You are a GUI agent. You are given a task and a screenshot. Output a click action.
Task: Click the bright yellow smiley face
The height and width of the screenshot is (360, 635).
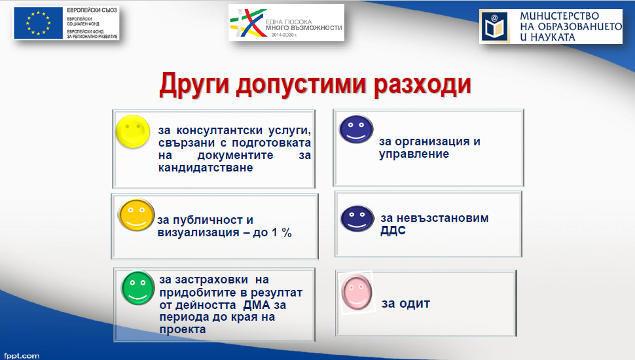coord(133,131)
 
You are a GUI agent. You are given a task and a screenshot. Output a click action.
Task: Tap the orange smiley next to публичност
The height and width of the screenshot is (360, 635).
coord(136,215)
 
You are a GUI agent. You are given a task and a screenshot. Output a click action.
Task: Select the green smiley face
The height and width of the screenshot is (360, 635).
coord(137,288)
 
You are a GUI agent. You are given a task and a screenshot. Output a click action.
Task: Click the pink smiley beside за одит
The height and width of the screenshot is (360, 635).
coord(356,293)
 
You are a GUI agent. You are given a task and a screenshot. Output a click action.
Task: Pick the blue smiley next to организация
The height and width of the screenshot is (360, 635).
coord(356,129)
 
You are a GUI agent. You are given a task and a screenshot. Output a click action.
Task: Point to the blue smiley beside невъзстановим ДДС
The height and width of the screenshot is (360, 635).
coord(357,218)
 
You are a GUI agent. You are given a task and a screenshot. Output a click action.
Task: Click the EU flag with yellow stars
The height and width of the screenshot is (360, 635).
coord(39,23)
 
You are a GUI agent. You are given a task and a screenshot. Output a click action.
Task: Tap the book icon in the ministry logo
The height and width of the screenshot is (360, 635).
coord(494,27)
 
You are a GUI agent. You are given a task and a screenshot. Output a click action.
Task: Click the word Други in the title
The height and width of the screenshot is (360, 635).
coord(195,84)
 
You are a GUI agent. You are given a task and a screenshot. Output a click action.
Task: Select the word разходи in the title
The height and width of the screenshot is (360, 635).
coord(422,84)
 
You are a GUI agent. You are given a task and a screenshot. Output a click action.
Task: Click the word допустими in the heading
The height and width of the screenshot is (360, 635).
coord(301,84)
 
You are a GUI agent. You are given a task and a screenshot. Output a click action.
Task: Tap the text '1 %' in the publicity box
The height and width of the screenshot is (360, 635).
coord(281,232)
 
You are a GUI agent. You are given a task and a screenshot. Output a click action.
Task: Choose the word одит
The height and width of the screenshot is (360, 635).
coord(414,304)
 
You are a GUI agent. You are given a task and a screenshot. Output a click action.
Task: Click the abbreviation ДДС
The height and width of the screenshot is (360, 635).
coord(393,230)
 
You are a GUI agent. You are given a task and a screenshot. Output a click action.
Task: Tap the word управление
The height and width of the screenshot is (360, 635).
coord(414,154)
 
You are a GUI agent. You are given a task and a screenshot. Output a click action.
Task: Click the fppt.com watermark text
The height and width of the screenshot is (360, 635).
coord(22,355)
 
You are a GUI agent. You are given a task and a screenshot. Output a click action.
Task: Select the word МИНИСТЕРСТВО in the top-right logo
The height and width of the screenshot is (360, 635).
coord(559,16)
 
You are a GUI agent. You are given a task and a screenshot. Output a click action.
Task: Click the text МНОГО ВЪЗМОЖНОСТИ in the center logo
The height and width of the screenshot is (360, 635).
coord(304,28)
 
